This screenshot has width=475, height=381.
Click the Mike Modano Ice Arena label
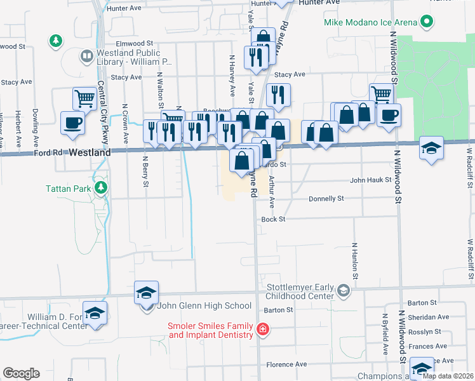coord(371,22)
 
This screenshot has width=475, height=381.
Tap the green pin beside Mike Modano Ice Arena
coord(427,22)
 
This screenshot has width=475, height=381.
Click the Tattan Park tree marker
coord(100,188)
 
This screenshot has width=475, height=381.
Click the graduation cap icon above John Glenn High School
coord(146,293)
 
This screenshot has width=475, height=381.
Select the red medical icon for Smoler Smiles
coord(262,329)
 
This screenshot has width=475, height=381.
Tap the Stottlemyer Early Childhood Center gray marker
coord(344,291)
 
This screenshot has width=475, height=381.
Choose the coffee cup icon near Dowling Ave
coord(73,122)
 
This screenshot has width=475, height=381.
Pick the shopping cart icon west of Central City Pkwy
coord(84,98)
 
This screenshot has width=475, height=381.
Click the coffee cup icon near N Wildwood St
coord(389,115)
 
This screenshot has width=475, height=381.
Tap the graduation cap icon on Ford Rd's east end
coord(431,147)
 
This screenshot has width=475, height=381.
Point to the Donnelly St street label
coord(326,199)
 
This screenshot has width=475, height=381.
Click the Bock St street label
coord(274,219)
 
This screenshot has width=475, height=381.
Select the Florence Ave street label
coord(286,364)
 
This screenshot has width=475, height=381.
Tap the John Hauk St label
coord(370,180)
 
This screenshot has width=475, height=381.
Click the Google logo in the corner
coord(21,373)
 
